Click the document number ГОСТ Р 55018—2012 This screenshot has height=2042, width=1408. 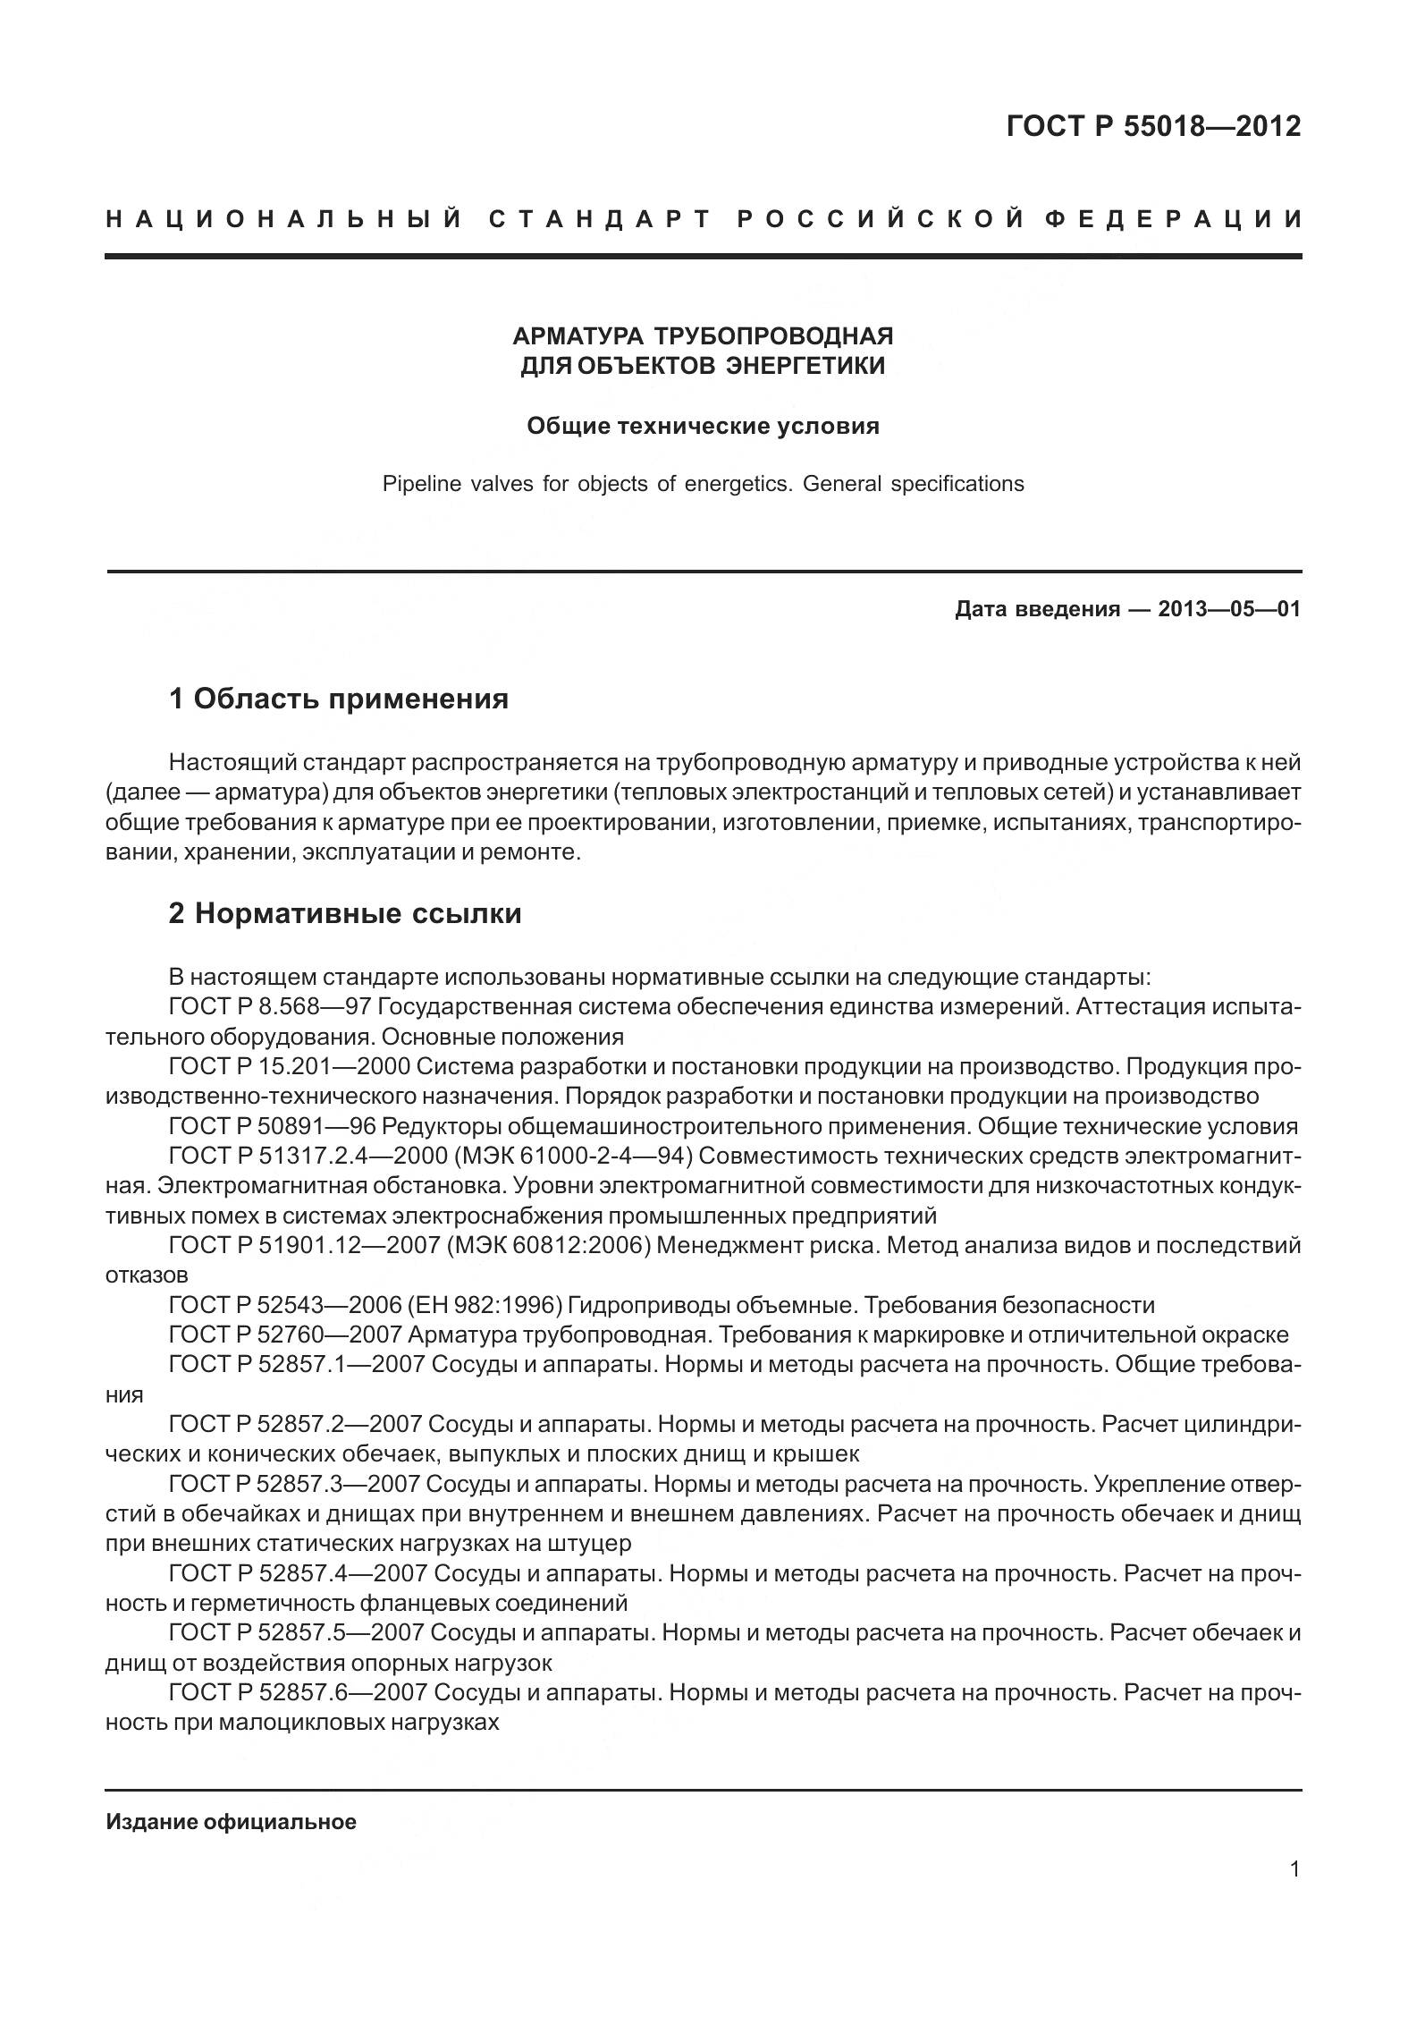1153,127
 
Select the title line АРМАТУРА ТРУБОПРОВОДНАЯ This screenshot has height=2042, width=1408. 703,336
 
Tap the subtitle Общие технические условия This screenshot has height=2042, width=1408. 703,426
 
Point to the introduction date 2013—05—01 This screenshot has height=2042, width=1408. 1228,609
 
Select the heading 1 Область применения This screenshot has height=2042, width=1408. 339,699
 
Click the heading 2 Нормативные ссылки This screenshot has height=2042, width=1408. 345,913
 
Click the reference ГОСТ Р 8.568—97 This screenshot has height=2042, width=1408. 270,1007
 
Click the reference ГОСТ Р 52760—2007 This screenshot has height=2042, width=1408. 285,1335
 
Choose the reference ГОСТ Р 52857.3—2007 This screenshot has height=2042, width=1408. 294,1485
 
